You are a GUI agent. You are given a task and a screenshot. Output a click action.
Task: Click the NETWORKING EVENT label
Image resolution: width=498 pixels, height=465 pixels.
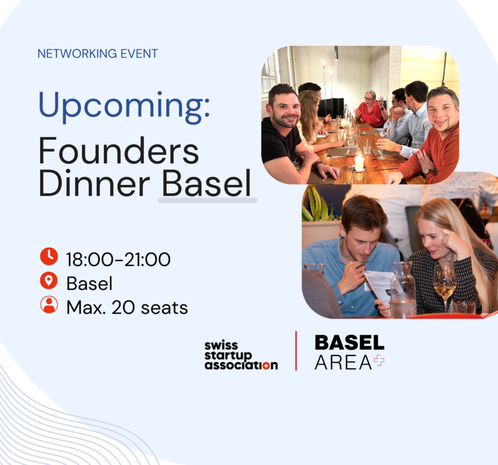coord(97,54)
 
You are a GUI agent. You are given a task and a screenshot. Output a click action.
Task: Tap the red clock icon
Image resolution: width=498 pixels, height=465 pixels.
coord(49,256)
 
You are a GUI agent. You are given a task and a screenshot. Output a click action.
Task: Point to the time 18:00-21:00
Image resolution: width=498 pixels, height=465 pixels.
coord(118,259)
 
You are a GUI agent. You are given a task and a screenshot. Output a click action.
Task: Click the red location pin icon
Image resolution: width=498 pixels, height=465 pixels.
coord(49,281)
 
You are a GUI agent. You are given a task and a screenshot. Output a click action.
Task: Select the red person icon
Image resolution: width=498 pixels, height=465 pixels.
coord(49,305)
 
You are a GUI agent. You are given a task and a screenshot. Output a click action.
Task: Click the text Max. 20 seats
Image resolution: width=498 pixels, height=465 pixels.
coord(127,307)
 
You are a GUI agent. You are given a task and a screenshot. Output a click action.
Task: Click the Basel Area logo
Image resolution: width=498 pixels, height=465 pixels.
coord(349,352)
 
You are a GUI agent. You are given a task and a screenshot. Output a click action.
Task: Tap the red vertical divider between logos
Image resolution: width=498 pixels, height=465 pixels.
coord(296,351)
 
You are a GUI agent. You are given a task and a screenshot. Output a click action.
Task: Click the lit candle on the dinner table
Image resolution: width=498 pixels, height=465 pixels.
coord(359,162)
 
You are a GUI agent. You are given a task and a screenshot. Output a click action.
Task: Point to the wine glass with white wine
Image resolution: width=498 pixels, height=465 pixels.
coord(444,282)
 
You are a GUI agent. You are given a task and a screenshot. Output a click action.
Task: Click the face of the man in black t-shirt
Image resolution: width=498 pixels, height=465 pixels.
coord(283,107)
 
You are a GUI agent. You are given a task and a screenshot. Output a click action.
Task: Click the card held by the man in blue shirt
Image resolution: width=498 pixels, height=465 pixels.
coord(378,284)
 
